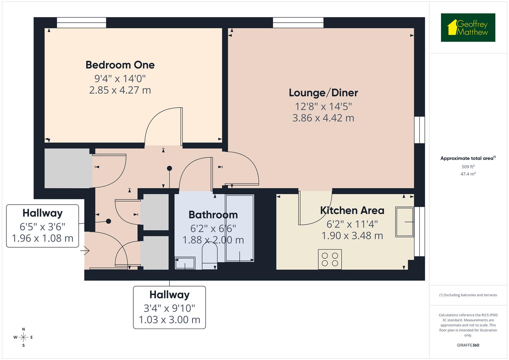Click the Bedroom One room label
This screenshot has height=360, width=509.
click(120, 65)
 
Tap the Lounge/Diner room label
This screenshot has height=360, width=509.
click(323, 93)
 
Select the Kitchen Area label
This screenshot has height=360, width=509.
click(352, 210)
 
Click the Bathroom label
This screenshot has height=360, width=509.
click(213, 215)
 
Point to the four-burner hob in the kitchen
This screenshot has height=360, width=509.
click(330, 259)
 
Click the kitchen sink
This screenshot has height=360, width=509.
click(404, 222)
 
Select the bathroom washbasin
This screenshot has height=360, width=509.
click(185, 263)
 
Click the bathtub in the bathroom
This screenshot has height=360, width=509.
click(239, 228)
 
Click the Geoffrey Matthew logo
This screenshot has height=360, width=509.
click(468, 28)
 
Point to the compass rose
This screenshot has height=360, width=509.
click(23, 337)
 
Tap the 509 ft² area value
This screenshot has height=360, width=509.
click(468, 167)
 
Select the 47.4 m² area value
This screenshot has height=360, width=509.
click(468, 174)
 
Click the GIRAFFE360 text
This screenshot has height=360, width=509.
click(468, 345)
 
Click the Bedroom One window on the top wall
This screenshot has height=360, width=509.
click(81, 23)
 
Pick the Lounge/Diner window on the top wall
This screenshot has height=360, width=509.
click(298, 23)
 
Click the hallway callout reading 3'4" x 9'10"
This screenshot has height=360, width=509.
click(169, 307)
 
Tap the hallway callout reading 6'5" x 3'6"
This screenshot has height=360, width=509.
click(42, 226)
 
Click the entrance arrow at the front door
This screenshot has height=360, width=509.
click(86, 250)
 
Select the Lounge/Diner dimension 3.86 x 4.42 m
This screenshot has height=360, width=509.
click(323, 118)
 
